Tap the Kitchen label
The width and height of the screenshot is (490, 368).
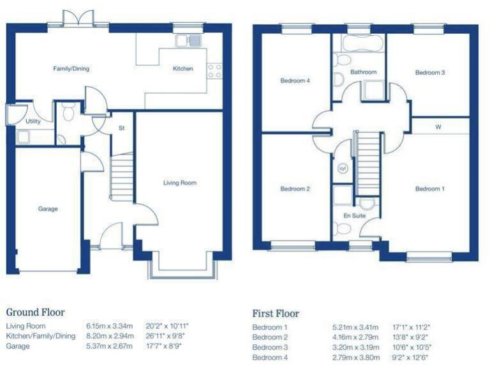click(182, 68)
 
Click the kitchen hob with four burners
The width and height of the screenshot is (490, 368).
click(214, 71)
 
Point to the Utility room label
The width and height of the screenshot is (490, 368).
click(33, 121)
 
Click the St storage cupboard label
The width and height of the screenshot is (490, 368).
click(121, 128)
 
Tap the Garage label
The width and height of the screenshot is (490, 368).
click(48, 209)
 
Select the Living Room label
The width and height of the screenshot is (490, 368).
click(180, 183)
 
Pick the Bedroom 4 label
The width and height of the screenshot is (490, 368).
click(295, 81)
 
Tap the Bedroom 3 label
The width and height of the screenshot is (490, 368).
click(430, 73)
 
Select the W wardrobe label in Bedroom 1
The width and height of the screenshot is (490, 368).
click(438, 126)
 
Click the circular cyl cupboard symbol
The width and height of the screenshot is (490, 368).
click(342, 169)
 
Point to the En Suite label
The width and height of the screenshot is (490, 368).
click(354, 216)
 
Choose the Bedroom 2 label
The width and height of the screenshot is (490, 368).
click(295, 189)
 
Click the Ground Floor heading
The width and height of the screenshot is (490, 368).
click(35, 312)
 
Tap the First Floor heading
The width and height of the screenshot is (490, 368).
click(276, 314)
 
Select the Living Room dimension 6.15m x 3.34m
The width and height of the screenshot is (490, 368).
click(109, 326)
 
